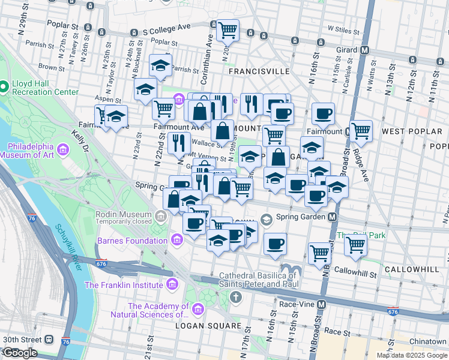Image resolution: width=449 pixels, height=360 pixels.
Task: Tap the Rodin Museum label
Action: (x=124, y=214)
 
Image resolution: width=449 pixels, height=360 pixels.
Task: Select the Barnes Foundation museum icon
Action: (x=176, y=241)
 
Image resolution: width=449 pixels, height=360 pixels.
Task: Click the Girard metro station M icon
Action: (x=364, y=50)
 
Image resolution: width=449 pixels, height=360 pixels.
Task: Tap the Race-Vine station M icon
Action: (x=322, y=304)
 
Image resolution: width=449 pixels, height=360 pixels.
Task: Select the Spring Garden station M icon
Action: (x=331, y=217)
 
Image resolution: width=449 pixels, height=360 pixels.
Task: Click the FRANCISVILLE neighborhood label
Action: (x=259, y=71)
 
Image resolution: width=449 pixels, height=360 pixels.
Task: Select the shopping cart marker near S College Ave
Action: (x=228, y=29)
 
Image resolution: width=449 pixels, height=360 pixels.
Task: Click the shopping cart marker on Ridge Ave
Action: (x=361, y=129)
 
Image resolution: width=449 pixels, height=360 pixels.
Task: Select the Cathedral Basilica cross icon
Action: (x=237, y=296)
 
